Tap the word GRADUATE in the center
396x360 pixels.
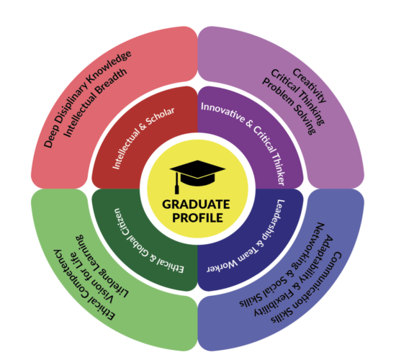tap(196, 204)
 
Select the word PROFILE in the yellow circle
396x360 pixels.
tap(197, 217)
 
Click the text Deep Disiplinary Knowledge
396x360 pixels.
tap(87, 99)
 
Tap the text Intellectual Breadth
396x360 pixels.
tap(95, 103)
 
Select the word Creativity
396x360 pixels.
tap(310, 86)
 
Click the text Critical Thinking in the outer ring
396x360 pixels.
tap(297, 97)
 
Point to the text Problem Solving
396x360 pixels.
tap(289, 106)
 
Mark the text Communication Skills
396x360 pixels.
tap(307, 288)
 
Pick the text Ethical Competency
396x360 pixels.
tap(84, 285)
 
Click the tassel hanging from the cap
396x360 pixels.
tap(177, 183)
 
